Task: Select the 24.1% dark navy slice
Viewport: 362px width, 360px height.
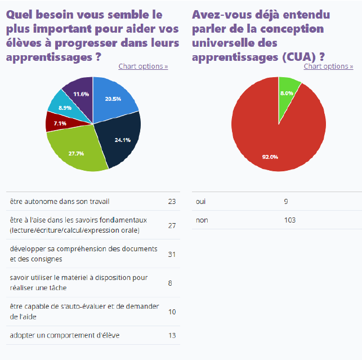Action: point(118,138)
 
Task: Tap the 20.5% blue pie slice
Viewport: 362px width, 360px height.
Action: point(113,100)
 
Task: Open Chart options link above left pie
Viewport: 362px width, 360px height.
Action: point(143,66)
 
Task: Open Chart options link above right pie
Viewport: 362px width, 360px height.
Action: point(328,66)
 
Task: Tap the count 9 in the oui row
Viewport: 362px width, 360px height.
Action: point(286,201)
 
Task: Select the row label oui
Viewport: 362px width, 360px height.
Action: point(201,201)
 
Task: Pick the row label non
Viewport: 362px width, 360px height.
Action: point(202,220)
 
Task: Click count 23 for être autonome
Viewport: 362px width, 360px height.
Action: point(172,201)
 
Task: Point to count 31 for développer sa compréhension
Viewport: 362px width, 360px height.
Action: point(172,254)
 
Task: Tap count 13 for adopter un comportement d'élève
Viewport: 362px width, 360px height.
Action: point(172,336)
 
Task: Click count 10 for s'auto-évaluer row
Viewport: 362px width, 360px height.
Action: point(172,312)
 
